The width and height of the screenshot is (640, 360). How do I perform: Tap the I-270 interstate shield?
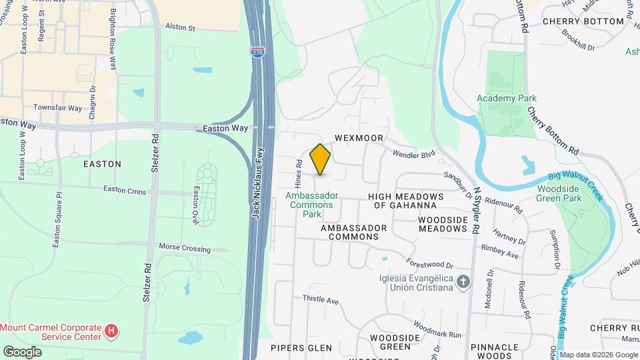258,51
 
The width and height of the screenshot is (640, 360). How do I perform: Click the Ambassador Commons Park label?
312,205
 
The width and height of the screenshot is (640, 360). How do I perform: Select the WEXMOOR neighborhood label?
359,138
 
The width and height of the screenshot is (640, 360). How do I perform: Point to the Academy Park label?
507,98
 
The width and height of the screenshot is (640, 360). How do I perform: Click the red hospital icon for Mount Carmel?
112,329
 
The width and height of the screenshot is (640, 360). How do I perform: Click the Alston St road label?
179,29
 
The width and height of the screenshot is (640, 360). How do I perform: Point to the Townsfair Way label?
57,107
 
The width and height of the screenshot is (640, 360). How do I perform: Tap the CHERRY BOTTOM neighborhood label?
583,21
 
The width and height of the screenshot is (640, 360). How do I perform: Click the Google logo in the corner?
22,351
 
